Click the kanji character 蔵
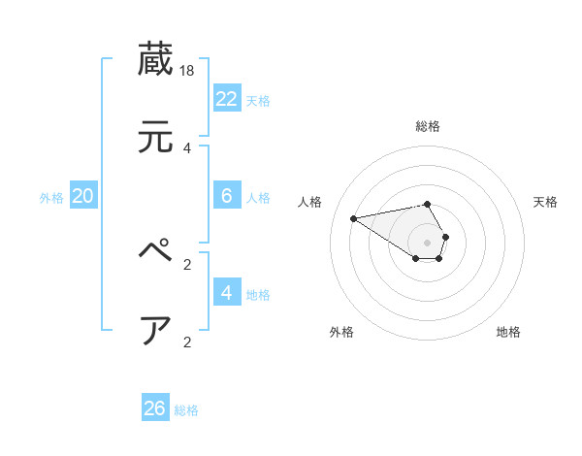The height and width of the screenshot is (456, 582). pos(156,58)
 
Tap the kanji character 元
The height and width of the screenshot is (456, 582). pos(156,137)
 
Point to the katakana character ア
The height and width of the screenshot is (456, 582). pos(156,330)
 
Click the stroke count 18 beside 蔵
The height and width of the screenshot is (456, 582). pos(188,70)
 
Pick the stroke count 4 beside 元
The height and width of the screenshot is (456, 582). pos(187,147)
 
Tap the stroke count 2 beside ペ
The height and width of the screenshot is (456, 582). pos(187,263)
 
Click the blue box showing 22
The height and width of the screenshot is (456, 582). pos(227,98)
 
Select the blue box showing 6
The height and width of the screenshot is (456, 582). pos(227,196)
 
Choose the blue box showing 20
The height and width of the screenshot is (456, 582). pos(83,196)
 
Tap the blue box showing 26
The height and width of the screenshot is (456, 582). pos(155,408)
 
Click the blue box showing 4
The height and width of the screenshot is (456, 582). pos(227,292)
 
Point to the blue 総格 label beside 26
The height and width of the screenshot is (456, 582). pos(186,410)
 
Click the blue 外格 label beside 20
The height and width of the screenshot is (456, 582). pos(51,198)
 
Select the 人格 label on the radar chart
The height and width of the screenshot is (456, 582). pos(310,202)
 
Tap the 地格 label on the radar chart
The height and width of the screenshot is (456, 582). pos(508,332)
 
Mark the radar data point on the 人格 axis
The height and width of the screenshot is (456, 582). pos(354,217)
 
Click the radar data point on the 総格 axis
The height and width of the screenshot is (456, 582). pos(427,204)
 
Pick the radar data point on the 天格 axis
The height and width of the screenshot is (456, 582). pos(445,237)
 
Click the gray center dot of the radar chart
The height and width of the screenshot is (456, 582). pos(427,243)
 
